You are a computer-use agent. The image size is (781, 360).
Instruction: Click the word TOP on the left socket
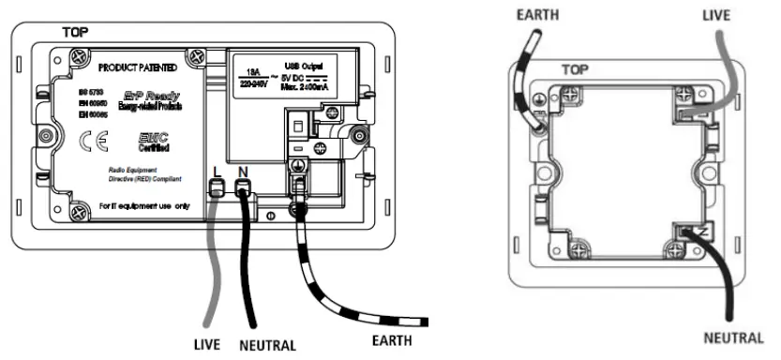[x=76, y=31]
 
